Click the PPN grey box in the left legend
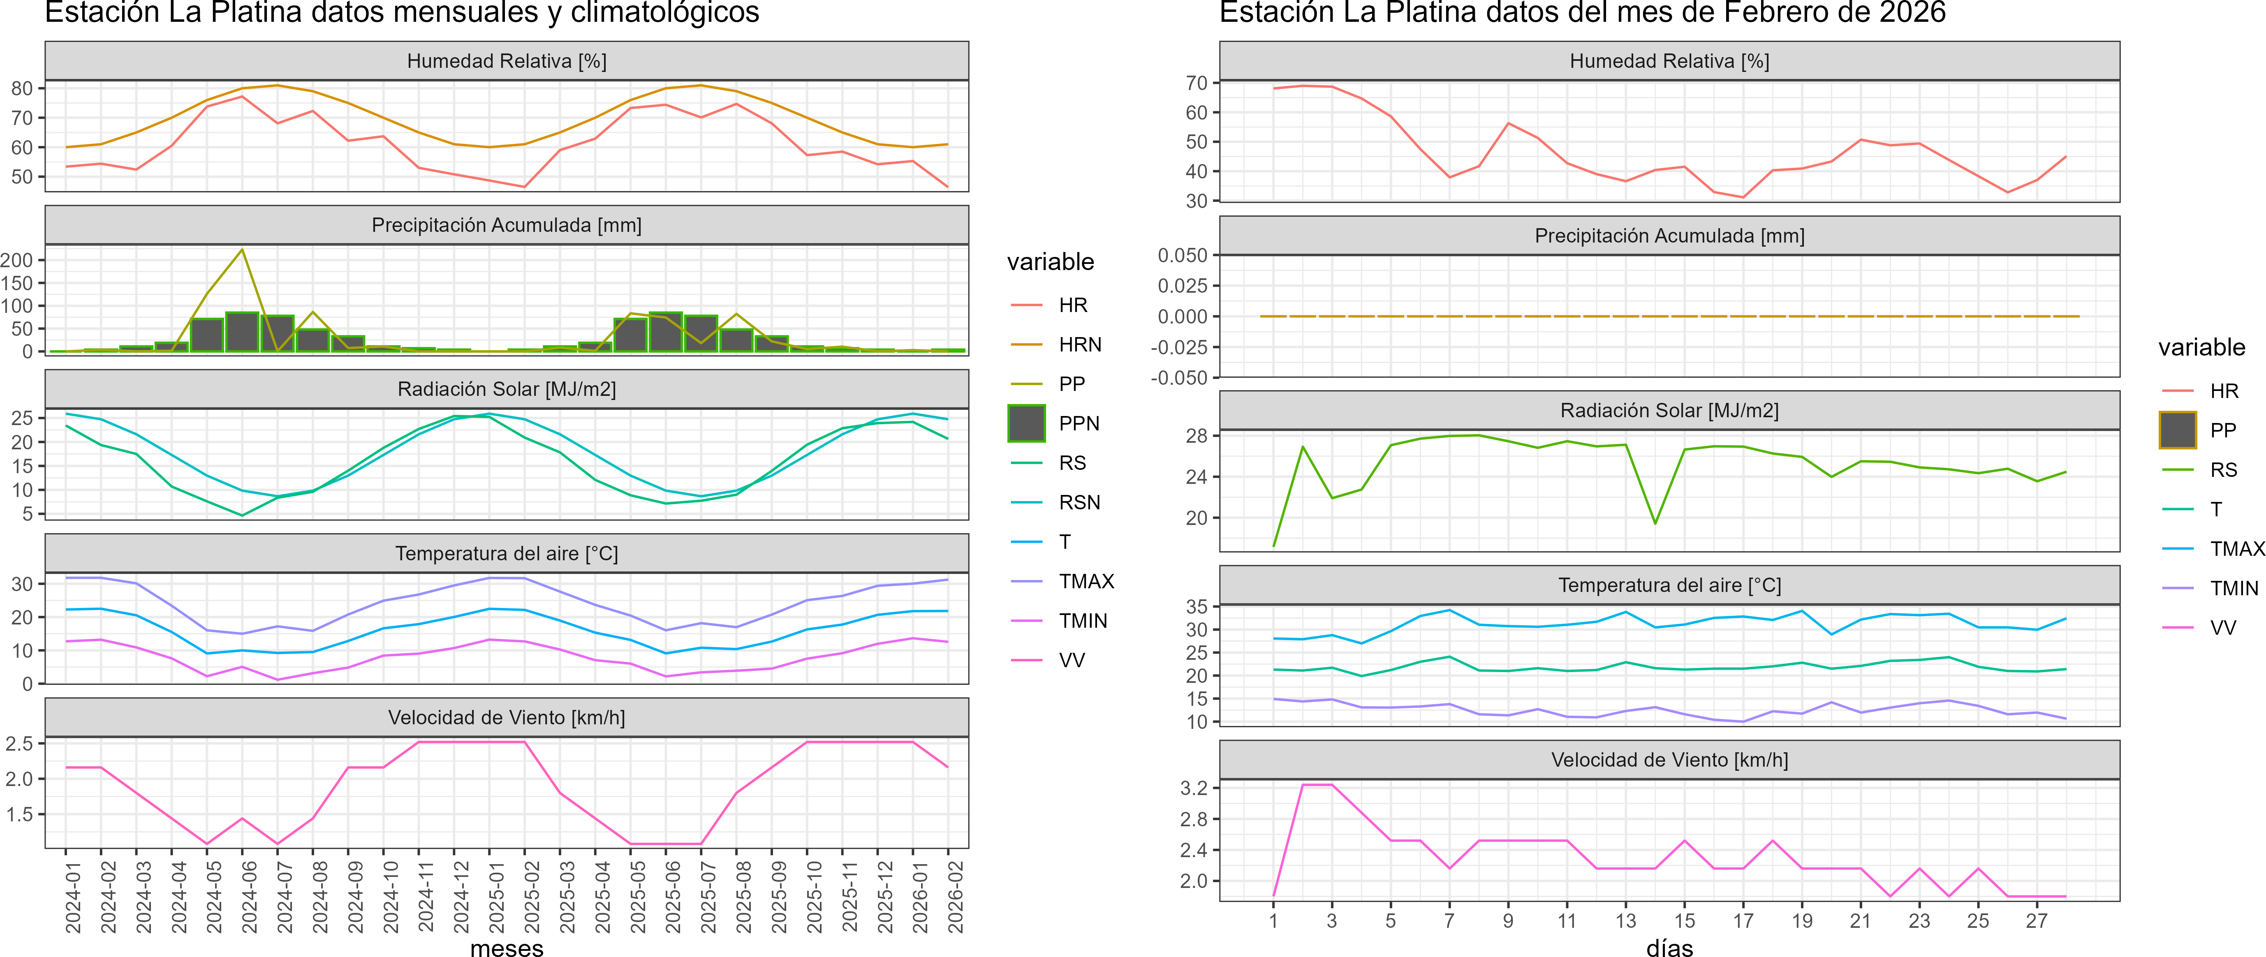[1027, 423]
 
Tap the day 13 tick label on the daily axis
[1626, 921]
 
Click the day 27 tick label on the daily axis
[2037, 921]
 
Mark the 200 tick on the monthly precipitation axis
[17, 260]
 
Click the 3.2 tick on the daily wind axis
[1194, 788]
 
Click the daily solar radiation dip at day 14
[1655, 523]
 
